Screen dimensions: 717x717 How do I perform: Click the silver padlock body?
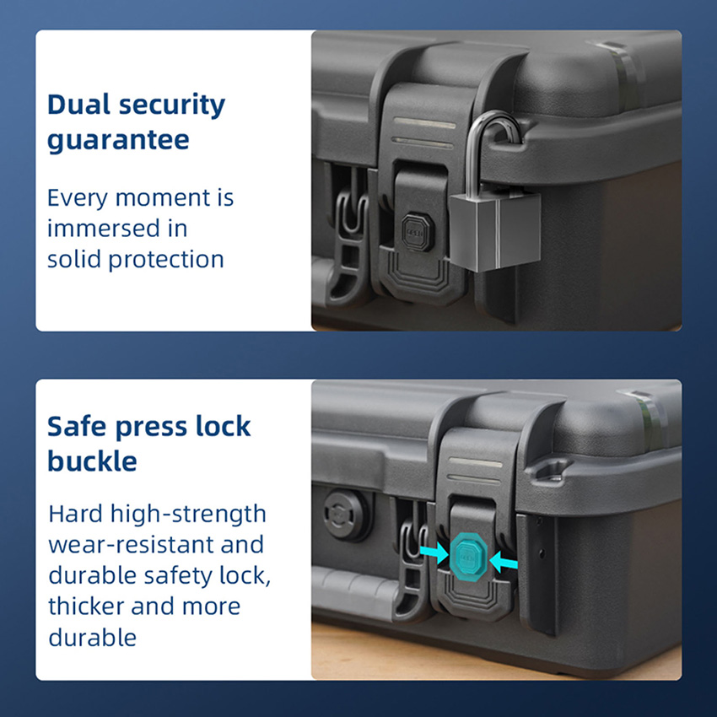pyautogui.click(x=495, y=231)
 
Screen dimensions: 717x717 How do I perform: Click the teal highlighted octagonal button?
pyautogui.click(x=469, y=558)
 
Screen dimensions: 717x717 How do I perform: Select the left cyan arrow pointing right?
pyautogui.click(x=434, y=553)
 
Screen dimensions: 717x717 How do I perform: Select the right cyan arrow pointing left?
pyautogui.click(x=504, y=561)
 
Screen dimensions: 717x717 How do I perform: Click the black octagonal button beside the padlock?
pyautogui.click(x=417, y=231)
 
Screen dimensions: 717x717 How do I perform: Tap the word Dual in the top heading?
pyautogui.click(x=78, y=105)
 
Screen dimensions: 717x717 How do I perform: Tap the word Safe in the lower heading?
pyautogui.click(x=78, y=427)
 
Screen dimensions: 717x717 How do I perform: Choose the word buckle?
pyautogui.click(x=93, y=461)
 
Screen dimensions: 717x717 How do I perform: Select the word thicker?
pyautogui.click(x=86, y=606)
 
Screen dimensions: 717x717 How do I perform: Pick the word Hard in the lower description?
pyautogui.click(x=75, y=514)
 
